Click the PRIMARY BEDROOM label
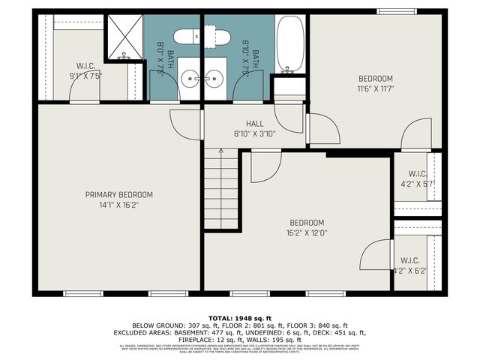[x=118, y=193]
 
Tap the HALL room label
[x=255, y=124]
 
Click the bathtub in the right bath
[x=289, y=43]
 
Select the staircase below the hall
[x=220, y=187]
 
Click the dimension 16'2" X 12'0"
[x=307, y=233]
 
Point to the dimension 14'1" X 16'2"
[x=118, y=204]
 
